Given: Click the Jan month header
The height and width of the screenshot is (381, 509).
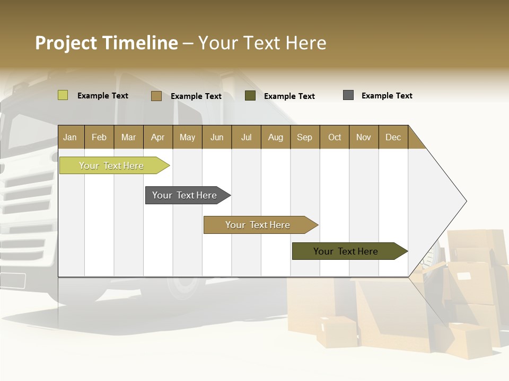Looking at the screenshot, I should (x=70, y=137).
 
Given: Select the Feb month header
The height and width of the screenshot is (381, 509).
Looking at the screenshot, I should (x=99, y=137).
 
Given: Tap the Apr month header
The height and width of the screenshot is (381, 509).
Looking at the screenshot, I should (x=157, y=137).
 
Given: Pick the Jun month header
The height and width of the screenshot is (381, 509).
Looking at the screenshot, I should (x=217, y=137).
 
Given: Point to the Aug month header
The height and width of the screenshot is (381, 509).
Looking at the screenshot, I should (x=275, y=137).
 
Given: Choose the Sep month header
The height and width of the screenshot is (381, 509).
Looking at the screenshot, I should (x=304, y=137).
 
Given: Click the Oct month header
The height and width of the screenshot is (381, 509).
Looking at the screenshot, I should (x=335, y=137).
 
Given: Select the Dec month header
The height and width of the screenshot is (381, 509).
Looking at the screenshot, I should (x=393, y=137).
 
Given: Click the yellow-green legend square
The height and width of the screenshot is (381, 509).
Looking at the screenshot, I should (x=63, y=95).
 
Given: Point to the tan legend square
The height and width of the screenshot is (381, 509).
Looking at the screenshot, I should (x=156, y=96).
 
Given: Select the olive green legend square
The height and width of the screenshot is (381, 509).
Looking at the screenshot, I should (x=250, y=96).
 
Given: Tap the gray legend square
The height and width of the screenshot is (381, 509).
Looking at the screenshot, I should (x=348, y=95).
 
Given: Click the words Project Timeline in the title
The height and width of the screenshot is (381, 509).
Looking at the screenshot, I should (x=107, y=43).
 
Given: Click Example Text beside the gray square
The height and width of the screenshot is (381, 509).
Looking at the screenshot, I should (x=387, y=96).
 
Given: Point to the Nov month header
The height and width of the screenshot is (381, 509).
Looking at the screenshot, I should (x=363, y=137).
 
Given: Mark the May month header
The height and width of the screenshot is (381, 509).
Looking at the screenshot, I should (x=187, y=137).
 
